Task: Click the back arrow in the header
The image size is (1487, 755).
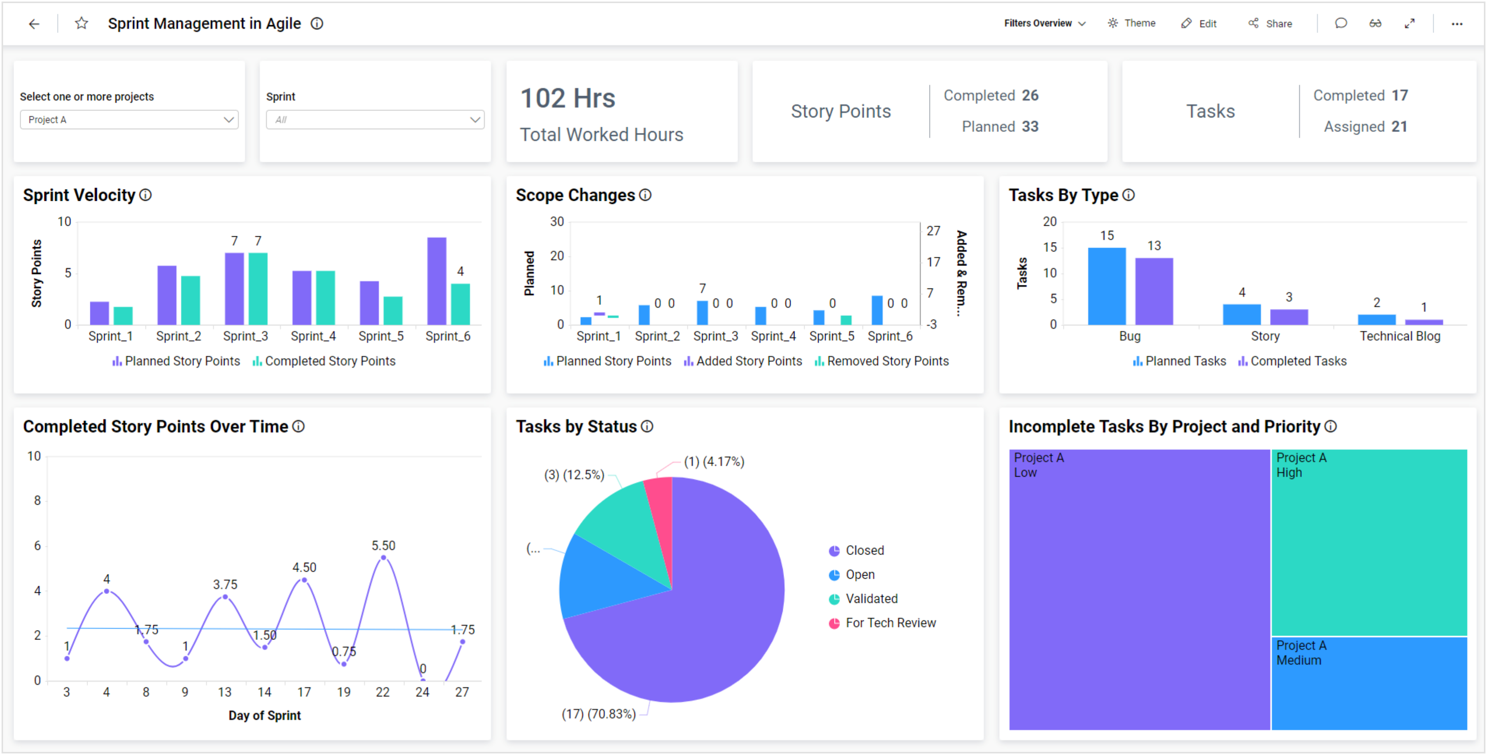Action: click(x=34, y=24)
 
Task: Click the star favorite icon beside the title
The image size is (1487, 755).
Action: click(x=81, y=24)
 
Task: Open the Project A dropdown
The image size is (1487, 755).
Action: click(x=129, y=119)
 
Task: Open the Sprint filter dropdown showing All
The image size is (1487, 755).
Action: click(x=375, y=119)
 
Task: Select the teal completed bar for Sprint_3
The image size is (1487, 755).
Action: click(x=258, y=289)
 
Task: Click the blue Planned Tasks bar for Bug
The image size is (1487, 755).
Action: click(x=1106, y=286)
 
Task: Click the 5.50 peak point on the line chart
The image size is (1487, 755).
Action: click(x=383, y=558)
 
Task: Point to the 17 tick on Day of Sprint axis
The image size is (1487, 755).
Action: click(x=304, y=692)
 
